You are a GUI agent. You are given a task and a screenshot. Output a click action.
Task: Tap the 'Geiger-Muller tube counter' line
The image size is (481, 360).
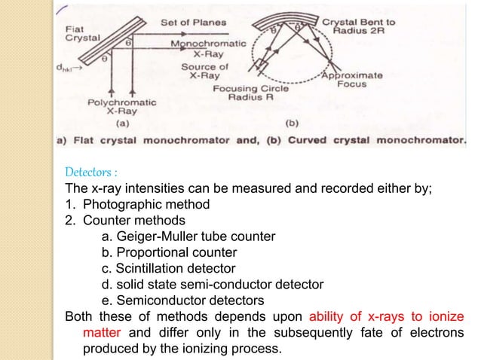(188, 236)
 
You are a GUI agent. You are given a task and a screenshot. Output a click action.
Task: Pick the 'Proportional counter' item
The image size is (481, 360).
(169, 252)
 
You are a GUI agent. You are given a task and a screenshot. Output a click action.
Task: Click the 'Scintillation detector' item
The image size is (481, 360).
(167, 268)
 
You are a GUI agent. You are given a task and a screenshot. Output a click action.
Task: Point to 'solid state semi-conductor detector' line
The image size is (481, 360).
(212, 284)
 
